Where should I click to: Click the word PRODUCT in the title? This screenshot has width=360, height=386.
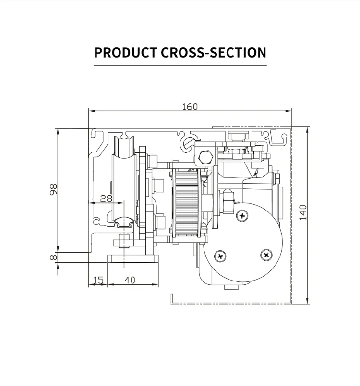[x=125, y=52]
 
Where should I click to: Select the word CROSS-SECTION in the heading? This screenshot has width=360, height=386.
[x=213, y=52]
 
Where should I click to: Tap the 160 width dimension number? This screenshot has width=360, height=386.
[x=190, y=106]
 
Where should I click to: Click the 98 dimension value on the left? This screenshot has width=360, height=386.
[x=53, y=190]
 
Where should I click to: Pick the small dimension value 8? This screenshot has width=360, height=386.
[x=53, y=257]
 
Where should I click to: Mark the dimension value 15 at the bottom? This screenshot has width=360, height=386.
[x=98, y=280]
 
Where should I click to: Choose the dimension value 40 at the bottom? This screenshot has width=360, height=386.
[x=130, y=280]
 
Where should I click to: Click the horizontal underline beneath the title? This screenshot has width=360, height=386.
[x=180, y=65]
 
